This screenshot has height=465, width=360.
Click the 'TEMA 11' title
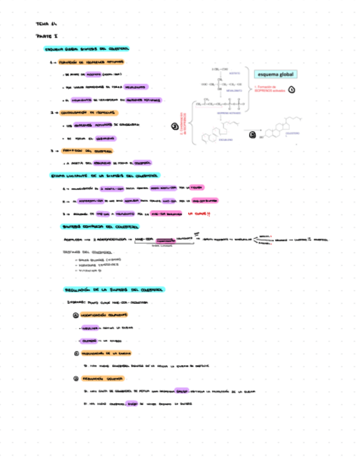(46, 24)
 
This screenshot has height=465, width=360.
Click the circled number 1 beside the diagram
(292, 90)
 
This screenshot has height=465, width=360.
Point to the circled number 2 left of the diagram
(175, 127)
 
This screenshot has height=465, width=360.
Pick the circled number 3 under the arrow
(252, 134)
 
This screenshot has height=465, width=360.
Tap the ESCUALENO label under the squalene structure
(226, 140)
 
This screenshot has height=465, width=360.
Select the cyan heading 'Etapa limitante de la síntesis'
(104, 176)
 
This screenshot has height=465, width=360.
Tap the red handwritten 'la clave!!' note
(199, 214)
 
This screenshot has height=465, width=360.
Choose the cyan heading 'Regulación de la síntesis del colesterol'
(115, 289)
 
